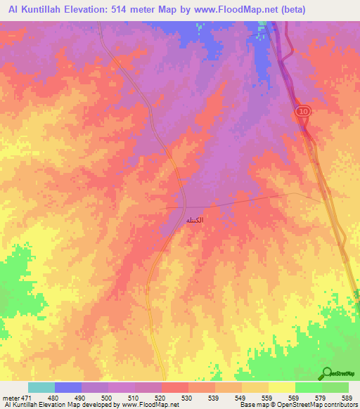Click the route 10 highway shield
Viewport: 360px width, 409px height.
click(x=302, y=112)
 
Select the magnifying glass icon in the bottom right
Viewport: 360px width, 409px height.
click(x=326, y=373)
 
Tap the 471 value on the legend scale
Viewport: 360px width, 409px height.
click(x=26, y=398)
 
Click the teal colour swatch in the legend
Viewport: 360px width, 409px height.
click(x=41, y=387)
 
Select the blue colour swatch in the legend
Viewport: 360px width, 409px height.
click(x=68, y=387)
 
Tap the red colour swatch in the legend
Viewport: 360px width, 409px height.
click(x=175, y=387)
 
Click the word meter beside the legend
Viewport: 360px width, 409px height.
click(x=10, y=398)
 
